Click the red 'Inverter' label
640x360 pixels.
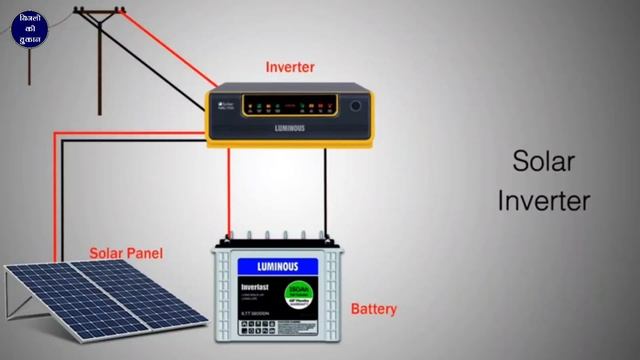(x=290, y=67)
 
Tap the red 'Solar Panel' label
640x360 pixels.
(x=126, y=254)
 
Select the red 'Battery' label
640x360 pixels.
(x=373, y=309)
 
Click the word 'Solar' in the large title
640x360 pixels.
(x=544, y=161)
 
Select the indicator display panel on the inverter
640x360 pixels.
(x=289, y=104)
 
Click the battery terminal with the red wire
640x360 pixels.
(x=229, y=238)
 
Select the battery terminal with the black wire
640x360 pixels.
(x=325, y=239)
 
